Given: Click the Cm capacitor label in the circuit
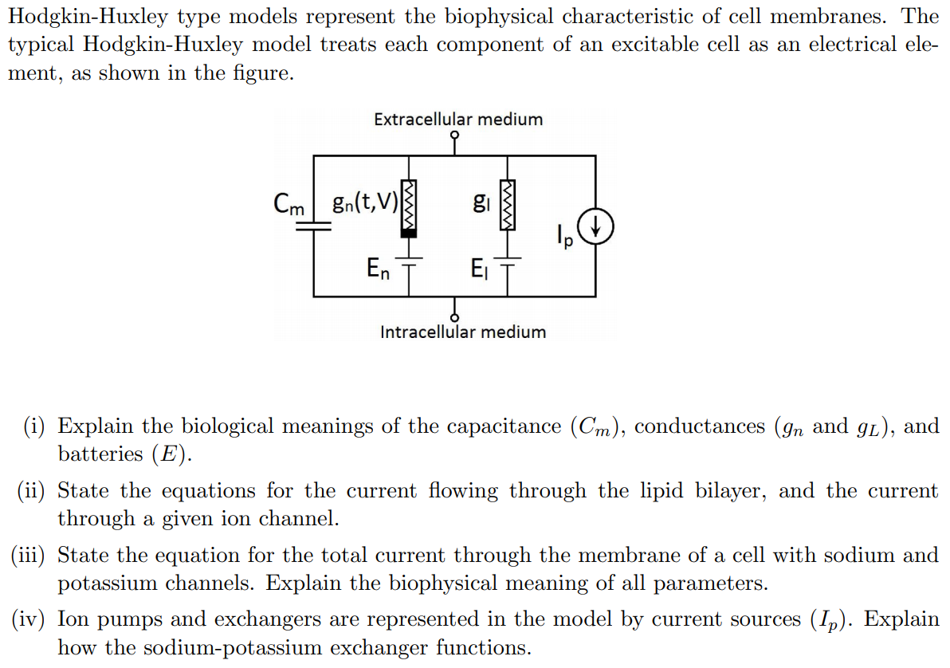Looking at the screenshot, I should (289, 204).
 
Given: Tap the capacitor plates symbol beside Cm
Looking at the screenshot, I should (313, 226).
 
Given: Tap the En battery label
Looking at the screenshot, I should (379, 269).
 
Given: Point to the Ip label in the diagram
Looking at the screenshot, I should (564, 236).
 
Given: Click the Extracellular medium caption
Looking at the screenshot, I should (458, 120).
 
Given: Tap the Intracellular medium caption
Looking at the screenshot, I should (463, 332).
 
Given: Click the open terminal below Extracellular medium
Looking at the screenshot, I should (455, 136).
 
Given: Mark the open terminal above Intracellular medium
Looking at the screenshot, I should (455, 316).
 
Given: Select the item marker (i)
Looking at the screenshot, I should (34, 426).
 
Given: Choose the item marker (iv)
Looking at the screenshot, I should (30, 619).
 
